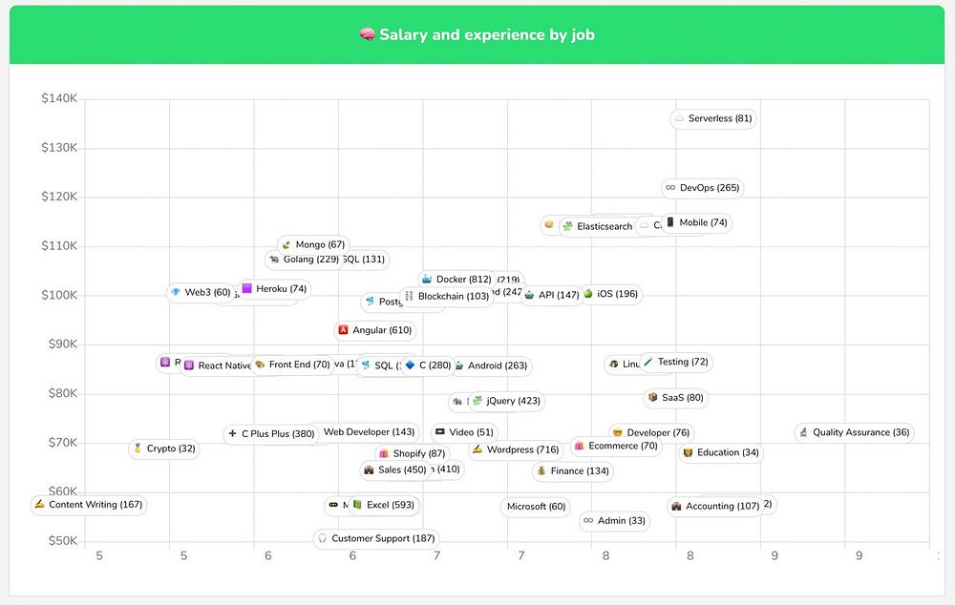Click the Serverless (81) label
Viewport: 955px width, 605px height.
tap(713, 119)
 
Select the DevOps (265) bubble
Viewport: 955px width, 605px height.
tap(702, 188)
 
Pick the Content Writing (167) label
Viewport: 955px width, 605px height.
tap(88, 505)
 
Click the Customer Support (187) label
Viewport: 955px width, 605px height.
tap(376, 539)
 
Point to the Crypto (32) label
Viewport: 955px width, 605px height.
tap(163, 449)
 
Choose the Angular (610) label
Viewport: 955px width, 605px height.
tap(375, 330)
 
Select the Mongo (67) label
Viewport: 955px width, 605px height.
tap(312, 245)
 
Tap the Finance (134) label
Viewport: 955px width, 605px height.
tap(573, 471)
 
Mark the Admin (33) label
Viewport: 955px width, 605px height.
tap(613, 521)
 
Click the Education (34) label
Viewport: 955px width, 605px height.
tap(720, 453)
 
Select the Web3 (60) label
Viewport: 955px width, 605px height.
tap(200, 293)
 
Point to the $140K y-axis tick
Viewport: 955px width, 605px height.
tap(59, 98)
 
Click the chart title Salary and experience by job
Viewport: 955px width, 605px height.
tap(487, 35)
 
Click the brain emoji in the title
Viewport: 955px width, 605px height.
tap(367, 35)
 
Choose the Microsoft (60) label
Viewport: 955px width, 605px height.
tap(536, 507)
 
